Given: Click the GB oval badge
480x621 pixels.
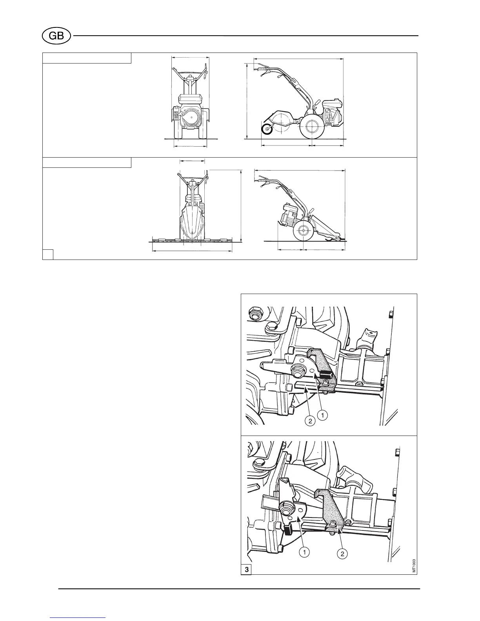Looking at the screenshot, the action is click(56, 36).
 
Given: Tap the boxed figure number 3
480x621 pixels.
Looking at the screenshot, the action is click(246, 570).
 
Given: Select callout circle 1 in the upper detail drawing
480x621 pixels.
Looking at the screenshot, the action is click(322, 415).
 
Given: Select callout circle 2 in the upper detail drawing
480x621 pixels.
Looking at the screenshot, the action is click(310, 421).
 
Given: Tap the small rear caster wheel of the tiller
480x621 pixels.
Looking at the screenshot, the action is click(267, 129).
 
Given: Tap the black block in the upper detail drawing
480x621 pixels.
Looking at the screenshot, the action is click(325, 374).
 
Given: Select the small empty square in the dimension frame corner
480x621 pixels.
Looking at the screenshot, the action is click(48, 254).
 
